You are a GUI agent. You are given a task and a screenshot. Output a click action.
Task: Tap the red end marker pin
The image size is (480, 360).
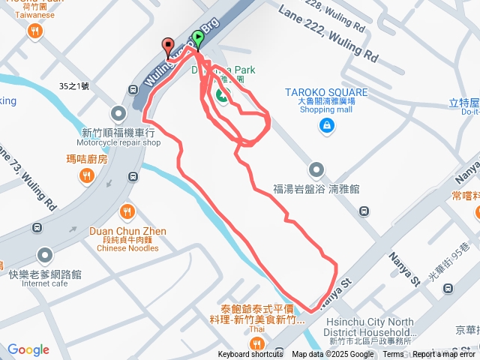click(167, 47)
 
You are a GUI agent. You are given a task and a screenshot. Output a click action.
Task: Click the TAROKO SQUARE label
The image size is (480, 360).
click(326, 93)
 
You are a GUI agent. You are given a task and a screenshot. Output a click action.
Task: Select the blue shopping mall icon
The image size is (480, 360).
click(326, 125)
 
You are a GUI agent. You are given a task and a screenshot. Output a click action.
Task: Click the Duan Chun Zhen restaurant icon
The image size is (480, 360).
click(127, 211)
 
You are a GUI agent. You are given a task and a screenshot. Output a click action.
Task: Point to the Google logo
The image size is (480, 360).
click(28, 349)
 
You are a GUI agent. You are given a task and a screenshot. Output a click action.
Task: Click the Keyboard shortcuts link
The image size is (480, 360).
click(250, 355)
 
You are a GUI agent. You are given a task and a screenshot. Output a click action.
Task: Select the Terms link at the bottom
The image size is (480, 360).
click(393, 355)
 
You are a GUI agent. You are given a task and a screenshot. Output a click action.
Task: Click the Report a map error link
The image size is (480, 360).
click(445, 355)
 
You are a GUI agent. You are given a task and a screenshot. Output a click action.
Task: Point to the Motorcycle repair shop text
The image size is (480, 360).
click(118, 142)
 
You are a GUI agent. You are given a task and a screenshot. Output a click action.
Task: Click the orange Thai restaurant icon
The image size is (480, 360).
click(257, 343)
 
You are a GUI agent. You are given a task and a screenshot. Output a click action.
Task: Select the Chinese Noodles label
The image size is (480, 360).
click(127, 248)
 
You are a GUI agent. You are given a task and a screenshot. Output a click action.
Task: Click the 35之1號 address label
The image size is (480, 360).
click(73, 86)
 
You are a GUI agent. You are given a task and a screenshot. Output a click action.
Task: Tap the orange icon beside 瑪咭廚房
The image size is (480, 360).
click(87, 175)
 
